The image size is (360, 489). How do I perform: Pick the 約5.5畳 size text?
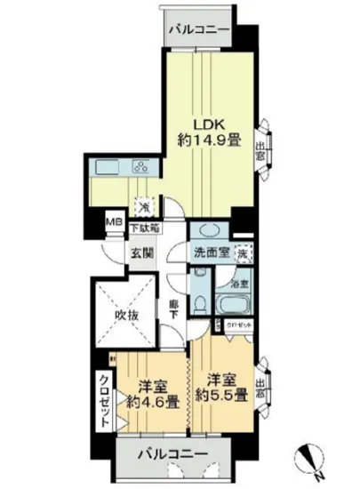(217, 396)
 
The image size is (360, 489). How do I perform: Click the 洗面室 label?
(212, 253)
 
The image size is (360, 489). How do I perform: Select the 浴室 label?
(237, 285)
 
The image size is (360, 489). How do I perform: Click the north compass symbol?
(308, 459)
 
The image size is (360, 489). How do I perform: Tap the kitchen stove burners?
(142, 165)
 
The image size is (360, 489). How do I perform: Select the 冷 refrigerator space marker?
(142, 204)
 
